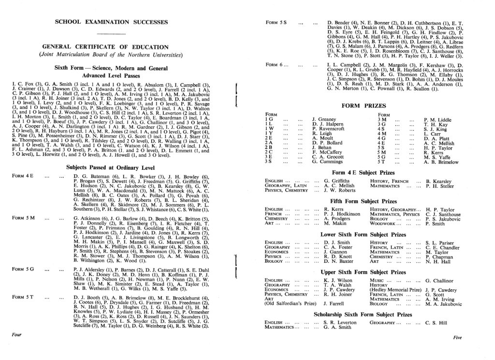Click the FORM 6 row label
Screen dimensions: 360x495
pyautogui.click(x=277, y=64)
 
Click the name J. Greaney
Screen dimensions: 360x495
pyautogui.click(x=323, y=119)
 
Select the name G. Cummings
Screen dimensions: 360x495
pyautogui.click(x=327, y=161)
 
